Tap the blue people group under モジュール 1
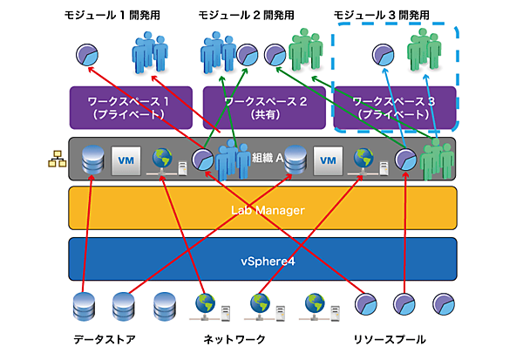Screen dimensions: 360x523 148,54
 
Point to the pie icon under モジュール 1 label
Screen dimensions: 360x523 85,54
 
